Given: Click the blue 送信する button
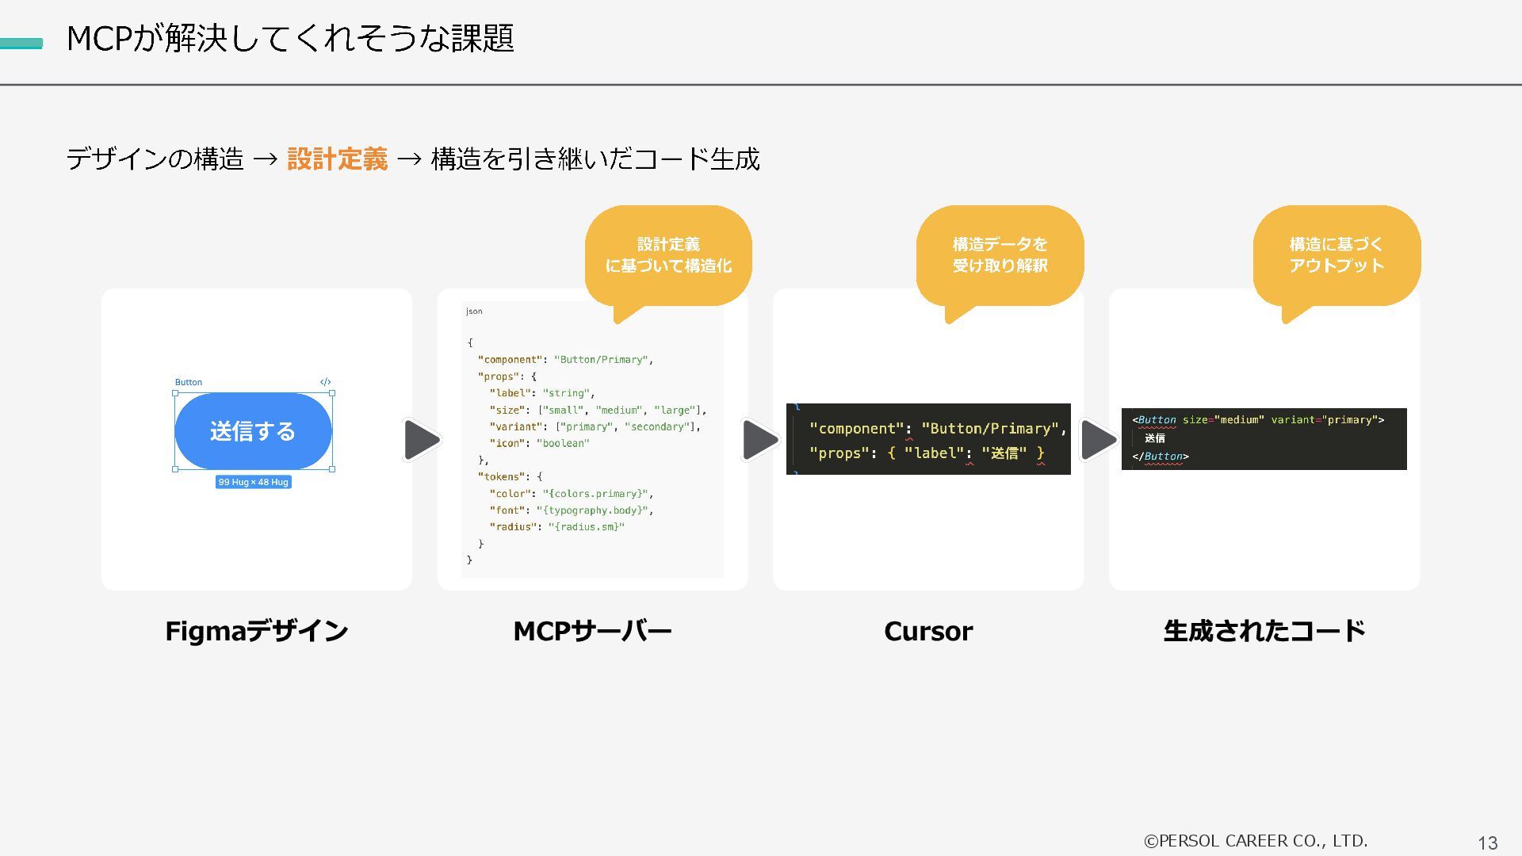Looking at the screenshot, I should point(253,431).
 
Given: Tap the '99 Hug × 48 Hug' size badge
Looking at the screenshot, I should point(253,482).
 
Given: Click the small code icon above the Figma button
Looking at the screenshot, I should point(325,382).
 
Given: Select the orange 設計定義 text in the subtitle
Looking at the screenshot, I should point(337,159).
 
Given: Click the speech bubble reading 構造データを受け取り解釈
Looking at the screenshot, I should point(1000,255).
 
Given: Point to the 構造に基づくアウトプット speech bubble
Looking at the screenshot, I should point(1337,255).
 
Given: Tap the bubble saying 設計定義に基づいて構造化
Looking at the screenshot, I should point(668,255).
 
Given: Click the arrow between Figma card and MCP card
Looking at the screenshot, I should point(421,440).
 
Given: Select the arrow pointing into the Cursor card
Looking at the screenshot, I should point(759,440).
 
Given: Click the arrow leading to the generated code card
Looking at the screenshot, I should point(1098,440).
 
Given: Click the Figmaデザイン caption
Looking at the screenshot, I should point(256,631).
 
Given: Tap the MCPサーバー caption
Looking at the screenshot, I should point(592,631).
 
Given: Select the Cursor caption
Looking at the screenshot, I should point(928,631).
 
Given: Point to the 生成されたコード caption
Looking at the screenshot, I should point(1264,631).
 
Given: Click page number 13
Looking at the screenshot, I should point(1487,843).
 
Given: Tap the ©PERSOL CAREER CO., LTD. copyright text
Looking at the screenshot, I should point(1256,841).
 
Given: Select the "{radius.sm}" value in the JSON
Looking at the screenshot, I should point(586,527).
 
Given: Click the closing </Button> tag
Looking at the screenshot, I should point(1161,457).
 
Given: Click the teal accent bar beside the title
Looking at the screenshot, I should point(21,44).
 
